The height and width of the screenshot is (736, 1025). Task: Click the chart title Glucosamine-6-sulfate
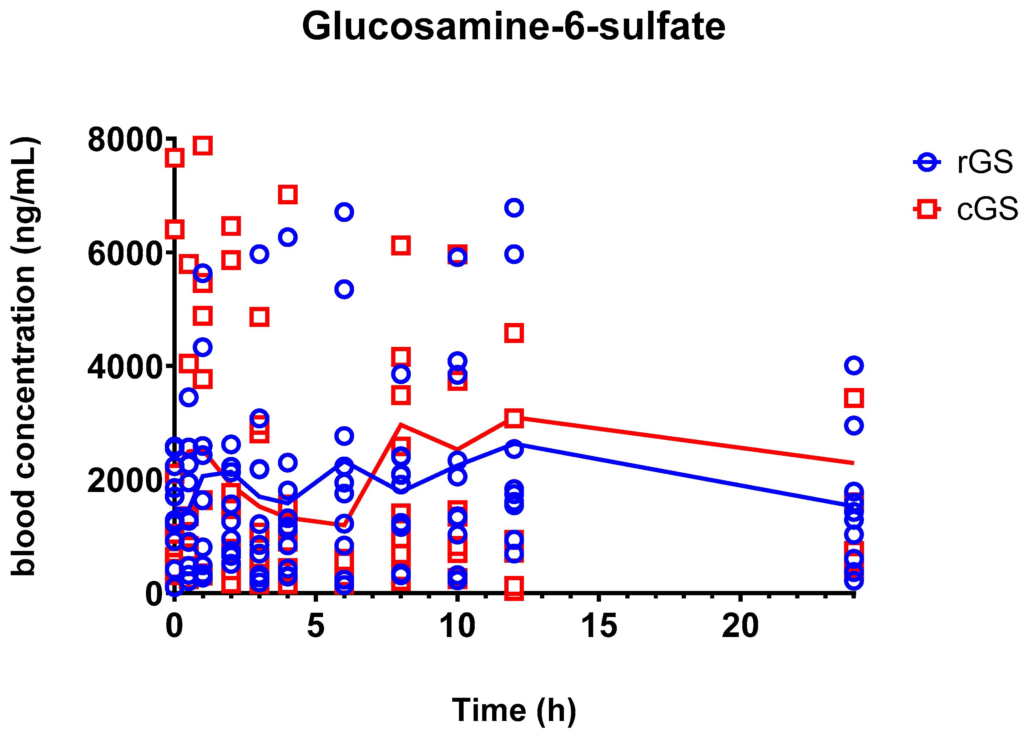(x=514, y=26)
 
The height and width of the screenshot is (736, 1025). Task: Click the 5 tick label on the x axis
(x=315, y=626)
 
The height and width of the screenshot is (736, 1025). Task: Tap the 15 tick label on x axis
(x=599, y=626)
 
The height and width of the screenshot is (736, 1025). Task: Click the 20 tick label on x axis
(x=740, y=626)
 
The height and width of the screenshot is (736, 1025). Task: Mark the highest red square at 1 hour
(x=202, y=146)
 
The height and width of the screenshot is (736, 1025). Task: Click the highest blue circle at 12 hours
(x=514, y=208)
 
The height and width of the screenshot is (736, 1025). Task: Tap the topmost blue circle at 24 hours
(x=854, y=365)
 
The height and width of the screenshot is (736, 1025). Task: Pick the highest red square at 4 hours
(x=287, y=194)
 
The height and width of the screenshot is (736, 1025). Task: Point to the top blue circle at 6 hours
(x=344, y=212)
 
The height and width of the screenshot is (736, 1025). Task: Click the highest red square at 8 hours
(x=401, y=246)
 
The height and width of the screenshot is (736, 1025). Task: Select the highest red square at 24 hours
(x=854, y=398)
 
